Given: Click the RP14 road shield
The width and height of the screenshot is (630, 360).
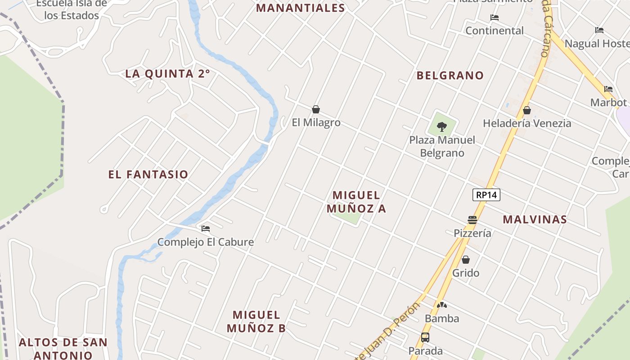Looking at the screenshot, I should pos(486,195).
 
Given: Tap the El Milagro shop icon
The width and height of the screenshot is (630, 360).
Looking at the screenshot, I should pos(316,109).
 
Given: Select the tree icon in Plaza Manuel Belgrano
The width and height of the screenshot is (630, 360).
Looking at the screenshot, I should pos(442,126).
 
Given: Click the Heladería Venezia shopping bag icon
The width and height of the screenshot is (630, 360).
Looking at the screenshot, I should pos(527,110).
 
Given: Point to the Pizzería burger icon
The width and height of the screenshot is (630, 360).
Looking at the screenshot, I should pos(472,220).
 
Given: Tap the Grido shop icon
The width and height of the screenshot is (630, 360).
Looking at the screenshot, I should pos(466,260).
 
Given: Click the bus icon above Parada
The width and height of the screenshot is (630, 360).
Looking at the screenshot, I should pos(425,337).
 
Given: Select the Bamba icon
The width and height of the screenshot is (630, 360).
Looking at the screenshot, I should pos(442,306).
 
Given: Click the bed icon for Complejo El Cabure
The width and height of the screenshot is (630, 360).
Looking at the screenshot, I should pos(206,229).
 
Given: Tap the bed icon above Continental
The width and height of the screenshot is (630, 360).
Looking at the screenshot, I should pos(495,18).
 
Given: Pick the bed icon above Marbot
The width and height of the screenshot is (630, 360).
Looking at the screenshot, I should pos(608,89).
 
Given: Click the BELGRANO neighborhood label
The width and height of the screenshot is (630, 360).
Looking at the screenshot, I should pos(450,76).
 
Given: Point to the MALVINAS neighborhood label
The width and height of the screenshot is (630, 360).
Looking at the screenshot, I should pos(535,220).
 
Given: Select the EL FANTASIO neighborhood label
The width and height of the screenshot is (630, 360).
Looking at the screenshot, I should pos(148,175).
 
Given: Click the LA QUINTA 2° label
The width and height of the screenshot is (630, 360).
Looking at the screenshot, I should pos(167,74).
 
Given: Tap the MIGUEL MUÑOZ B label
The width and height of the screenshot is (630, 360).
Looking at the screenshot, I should pos(256,321).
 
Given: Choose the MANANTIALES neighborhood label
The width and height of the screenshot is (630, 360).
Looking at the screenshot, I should pos(301,8).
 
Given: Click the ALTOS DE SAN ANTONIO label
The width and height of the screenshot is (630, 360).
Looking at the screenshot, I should pos(63,348).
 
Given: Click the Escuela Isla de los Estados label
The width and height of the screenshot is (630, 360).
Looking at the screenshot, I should pos(72,9).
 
